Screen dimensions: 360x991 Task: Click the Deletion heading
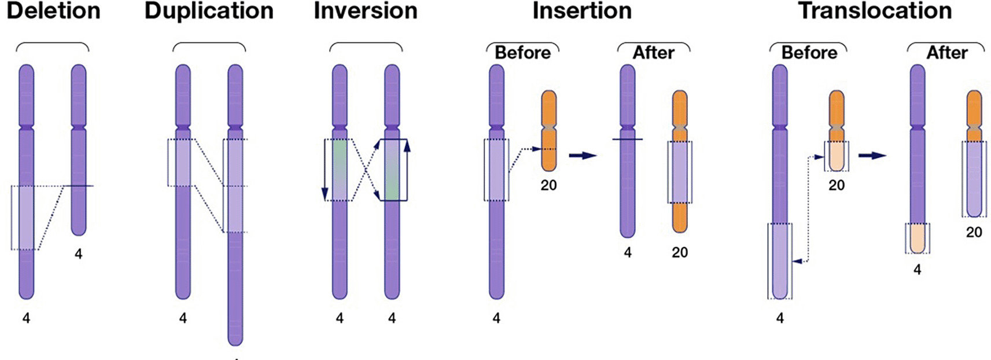click(x=53, y=11)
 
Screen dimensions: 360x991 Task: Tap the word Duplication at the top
click(x=209, y=11)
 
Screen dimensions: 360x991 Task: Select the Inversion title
click(x=366, y=11)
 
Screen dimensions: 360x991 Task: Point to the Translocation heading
click(x=875, y=11)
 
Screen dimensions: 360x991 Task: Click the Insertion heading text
click(x=582, y=11)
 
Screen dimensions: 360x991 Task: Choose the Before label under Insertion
click(x=522, y=53)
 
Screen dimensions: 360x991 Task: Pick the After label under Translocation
click(x=947, y=53)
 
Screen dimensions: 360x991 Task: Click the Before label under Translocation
click(x=809, y=53)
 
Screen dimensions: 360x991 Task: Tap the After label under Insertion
click(x=654, y=53)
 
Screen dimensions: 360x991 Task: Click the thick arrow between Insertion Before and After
click(x=583, y=155)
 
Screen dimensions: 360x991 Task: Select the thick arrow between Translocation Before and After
click(x=872, y=155)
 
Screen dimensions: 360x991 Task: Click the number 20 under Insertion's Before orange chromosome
click(x=548, y=185)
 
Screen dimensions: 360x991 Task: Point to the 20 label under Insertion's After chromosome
click(x=680, y=252)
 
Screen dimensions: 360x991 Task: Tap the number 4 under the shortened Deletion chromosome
click(x=79, y=254)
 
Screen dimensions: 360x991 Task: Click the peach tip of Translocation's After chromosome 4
click(x=918, y=238)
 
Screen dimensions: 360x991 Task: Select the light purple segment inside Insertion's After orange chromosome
click(x=680, y=172)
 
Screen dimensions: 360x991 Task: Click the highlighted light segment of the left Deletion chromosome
click(x=26, y=218)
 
